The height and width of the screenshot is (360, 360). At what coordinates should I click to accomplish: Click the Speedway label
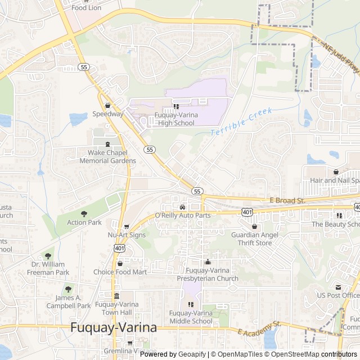tap(108, 114)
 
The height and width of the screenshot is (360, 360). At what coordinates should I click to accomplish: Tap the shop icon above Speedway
tap(107, 105)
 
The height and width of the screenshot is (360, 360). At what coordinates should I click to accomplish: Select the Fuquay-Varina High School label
tap(176, 119)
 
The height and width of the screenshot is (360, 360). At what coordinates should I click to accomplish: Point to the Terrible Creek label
tap(241, 121)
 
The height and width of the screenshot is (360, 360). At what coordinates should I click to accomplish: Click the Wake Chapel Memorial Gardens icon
tap(107, 144)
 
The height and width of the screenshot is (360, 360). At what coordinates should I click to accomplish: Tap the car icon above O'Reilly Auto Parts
tap(182, 207)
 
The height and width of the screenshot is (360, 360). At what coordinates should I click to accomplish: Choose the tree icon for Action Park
tap(84, 214)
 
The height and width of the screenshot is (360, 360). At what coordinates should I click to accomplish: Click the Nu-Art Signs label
tap(127, 235)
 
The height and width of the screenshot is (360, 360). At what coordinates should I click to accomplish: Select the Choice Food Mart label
tap(120, 272)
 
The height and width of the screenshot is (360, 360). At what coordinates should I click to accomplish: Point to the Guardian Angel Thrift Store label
tap(254, 238)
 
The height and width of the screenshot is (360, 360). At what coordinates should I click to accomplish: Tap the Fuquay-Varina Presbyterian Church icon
tap(208, 262)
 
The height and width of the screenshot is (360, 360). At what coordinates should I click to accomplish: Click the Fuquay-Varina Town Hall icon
tap(116, 296)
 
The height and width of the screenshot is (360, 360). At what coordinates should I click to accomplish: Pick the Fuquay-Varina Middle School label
tap(191, 317)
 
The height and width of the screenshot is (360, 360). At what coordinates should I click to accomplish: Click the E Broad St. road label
tap(287, 200)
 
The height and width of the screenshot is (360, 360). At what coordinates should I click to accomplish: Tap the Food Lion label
tap(87, 7)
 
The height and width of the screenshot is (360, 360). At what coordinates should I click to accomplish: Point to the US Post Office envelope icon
tap(338, 287)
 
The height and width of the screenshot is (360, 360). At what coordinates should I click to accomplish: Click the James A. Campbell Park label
tap(69, 301)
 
